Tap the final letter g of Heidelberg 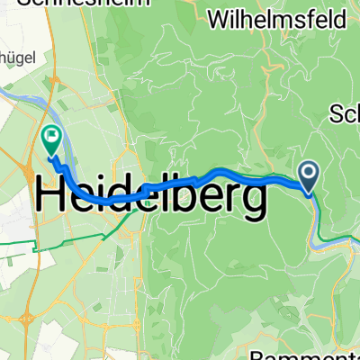pos(252,200)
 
